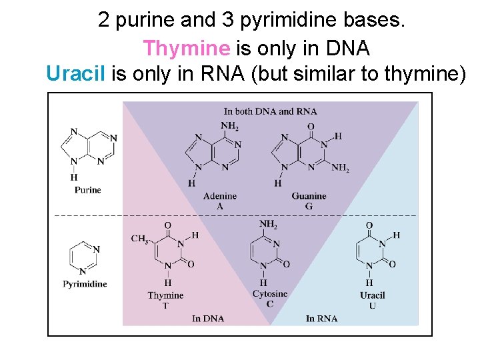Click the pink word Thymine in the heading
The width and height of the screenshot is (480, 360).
186,48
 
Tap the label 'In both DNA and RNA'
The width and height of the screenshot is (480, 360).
270,111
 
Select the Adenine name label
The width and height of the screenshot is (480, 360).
220,196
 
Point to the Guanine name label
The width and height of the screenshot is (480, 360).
309,196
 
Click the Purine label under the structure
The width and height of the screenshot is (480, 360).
87,190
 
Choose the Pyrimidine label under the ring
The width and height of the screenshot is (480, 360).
85,284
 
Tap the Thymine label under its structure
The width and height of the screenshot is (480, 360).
165,295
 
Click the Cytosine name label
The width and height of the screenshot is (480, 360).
270,293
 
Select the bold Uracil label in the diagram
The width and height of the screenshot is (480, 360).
372,295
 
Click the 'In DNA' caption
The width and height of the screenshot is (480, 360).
208,319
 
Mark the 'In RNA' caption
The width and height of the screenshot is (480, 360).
321,319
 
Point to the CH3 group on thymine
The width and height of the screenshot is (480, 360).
139,239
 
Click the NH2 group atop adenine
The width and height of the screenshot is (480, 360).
230,126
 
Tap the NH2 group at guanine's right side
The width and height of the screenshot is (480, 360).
340,169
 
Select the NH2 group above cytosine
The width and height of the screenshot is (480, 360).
269,225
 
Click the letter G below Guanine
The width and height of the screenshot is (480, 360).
309,206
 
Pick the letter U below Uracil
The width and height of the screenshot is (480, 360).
372,305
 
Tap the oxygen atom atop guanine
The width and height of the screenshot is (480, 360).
311,126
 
